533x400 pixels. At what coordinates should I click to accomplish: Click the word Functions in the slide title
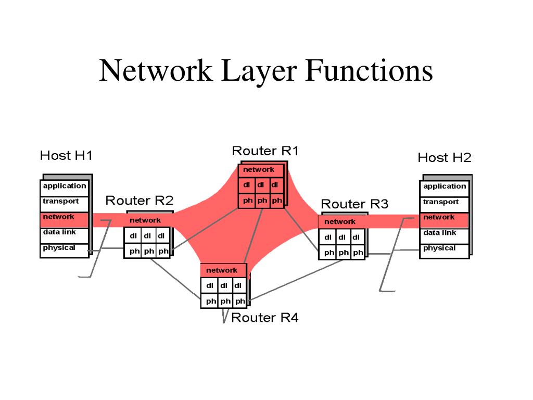click(x=370, y=71)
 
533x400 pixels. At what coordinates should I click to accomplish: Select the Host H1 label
click(x=67, y=155)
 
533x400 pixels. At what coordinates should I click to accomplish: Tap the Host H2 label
click(x=445, y=157)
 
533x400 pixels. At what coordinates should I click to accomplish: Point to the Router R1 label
click(x=265, y=151)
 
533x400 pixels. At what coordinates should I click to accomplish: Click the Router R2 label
click(x=139, y=201)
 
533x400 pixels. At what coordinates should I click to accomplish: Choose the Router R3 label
click(x=354, y=204)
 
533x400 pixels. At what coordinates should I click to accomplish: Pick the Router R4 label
click(x=265, y=317)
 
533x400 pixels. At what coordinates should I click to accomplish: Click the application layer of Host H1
click(x=65, y=186)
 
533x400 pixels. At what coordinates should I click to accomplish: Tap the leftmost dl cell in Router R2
click(x=134, y=236)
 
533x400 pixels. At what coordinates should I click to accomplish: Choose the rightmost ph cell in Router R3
click(x=358, y=253)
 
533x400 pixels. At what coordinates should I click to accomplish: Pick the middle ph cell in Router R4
click(x=225, y=301)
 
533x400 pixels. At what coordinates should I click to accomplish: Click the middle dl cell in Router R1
click(x=260, y=185)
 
